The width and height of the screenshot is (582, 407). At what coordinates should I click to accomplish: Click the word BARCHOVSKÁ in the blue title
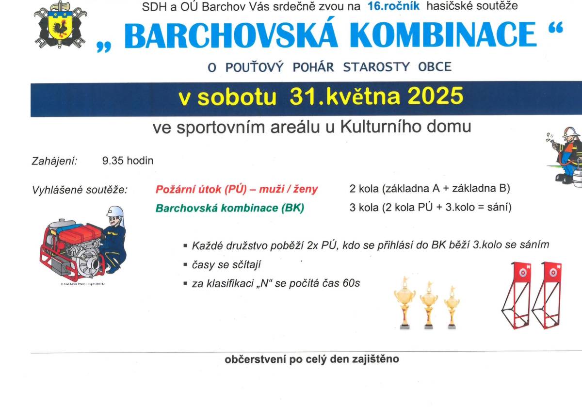tap(221, 35)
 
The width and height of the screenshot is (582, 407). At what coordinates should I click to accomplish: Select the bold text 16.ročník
tap(393, 7)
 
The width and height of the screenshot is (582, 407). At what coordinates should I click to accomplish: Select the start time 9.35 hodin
tap(128, 161)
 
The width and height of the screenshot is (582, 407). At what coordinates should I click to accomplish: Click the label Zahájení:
tap(54, 161)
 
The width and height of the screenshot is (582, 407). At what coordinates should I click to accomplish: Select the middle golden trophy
tap(429, 303)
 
